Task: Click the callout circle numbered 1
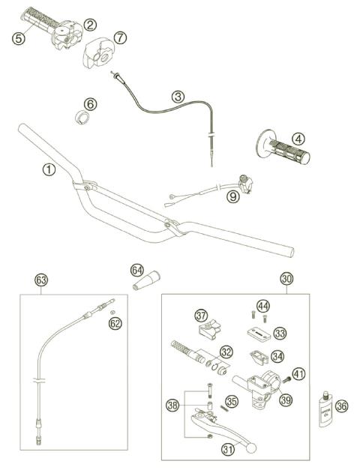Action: tap(49, 170)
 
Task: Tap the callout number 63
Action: tap(41, 280)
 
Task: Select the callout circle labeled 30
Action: tap(286, 278)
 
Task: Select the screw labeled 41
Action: tap(285, 381)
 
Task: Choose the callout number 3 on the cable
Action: tap(178, 96)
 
